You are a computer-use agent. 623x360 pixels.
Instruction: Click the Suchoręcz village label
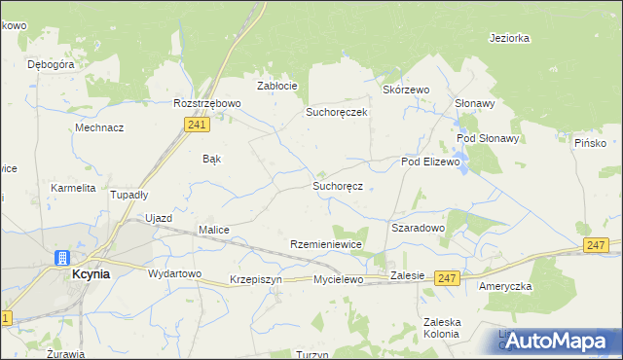(x=338, y=185)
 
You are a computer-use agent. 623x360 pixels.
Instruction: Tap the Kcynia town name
(x=91, y=274)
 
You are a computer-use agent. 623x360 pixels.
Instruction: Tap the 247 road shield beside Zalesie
(x=447, y=277)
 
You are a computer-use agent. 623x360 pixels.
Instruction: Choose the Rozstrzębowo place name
(x=205, y=103)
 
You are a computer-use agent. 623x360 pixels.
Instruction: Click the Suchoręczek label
(x=336, y=112)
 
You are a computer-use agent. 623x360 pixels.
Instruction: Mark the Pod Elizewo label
(x=430, y=162)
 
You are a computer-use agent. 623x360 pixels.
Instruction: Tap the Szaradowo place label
(x=418, y=228)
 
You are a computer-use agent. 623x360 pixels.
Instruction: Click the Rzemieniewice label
(x=327, y=244)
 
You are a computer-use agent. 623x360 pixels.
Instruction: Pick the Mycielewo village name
(x=338, y=279)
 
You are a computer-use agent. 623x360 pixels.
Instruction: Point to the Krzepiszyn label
(x=256, y=279)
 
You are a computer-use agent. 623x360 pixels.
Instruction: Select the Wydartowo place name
(x=174, y=273)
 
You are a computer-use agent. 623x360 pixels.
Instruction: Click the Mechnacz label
(x=99, y=127)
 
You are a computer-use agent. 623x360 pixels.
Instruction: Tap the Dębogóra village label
(x=52, y=64)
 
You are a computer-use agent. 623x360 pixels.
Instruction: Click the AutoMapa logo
(x=558, y=341)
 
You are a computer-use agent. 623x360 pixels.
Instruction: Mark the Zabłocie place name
(x=276, y=86)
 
